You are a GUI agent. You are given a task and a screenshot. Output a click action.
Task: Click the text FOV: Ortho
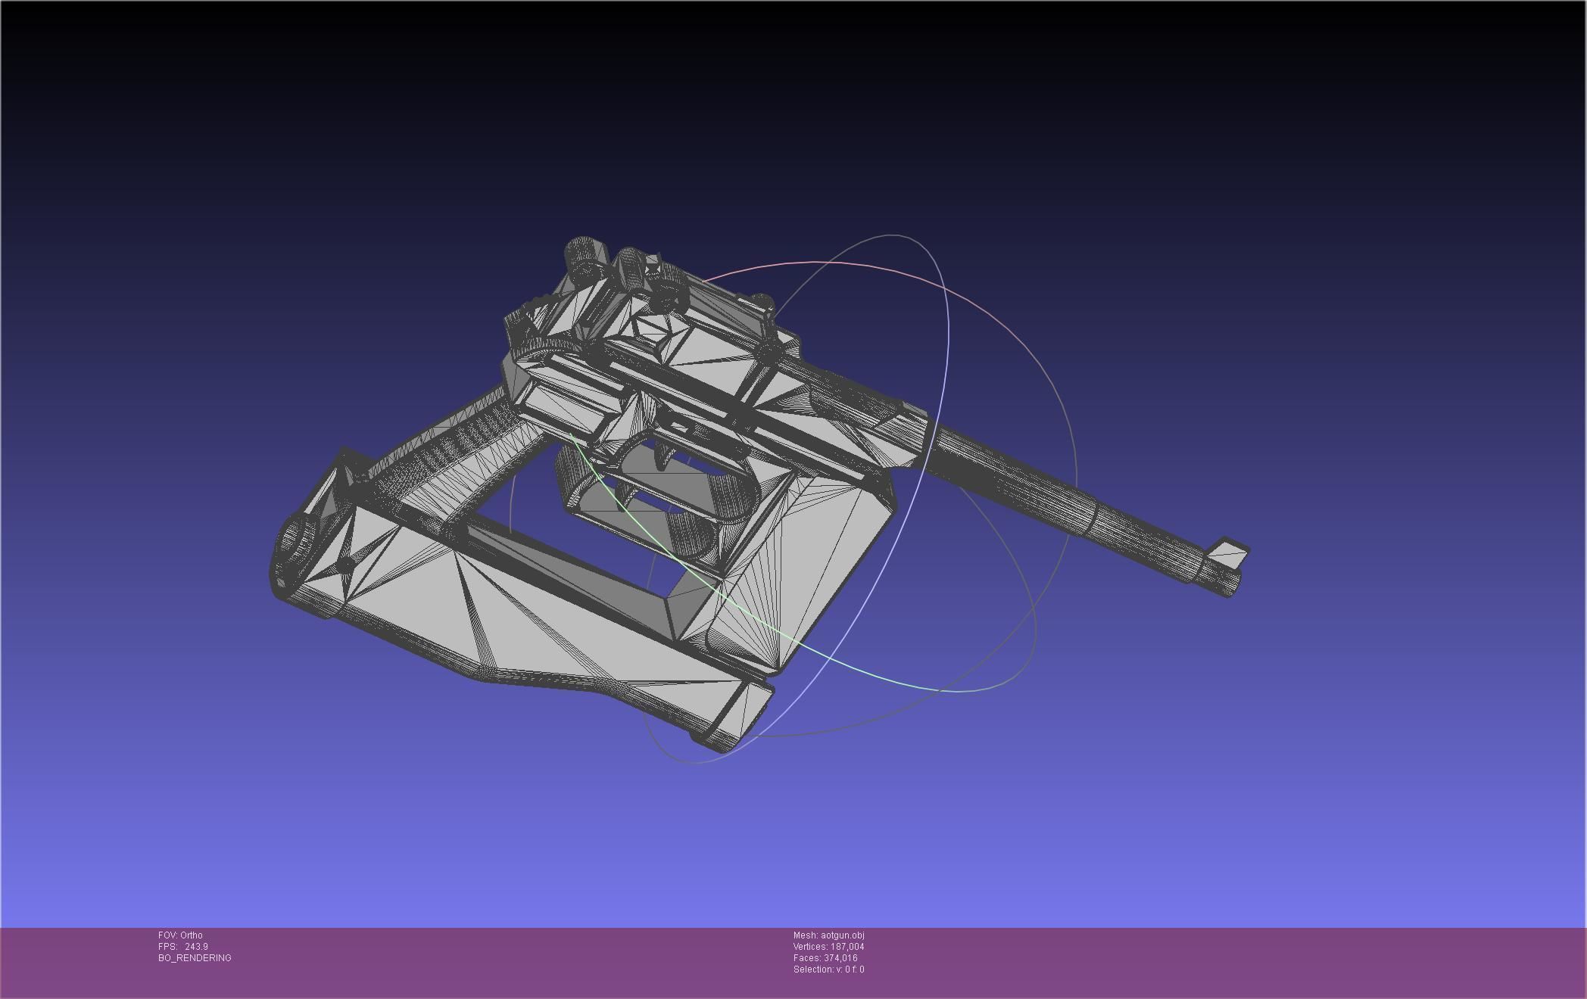(x=180, y=935)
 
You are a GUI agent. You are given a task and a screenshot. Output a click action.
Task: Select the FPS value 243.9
(x=195, y=946)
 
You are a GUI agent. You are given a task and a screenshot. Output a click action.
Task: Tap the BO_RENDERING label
(x=195, y=957)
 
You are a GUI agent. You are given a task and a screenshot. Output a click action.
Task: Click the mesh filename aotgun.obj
(x=842, y=935)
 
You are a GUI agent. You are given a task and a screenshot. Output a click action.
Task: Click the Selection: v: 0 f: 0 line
(x=828, y=969)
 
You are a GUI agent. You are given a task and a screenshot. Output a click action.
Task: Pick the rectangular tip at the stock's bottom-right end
(x=738, y=715)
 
